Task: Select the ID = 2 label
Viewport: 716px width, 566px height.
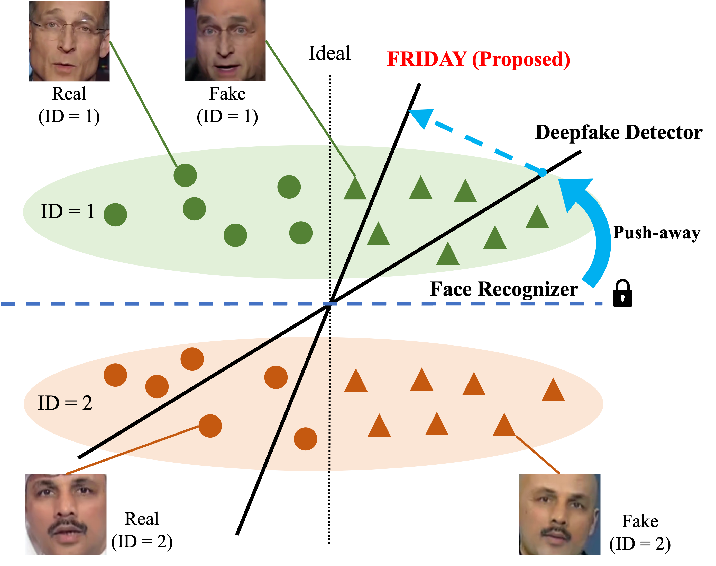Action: [x=65, y=403]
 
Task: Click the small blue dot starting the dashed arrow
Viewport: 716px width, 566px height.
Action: [x=542, y=172]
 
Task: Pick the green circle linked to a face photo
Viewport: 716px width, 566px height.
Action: [x=185, y=175]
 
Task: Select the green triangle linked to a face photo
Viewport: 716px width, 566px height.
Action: [x=355, y=189]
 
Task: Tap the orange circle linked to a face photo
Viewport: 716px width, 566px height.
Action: [x=210, y=426]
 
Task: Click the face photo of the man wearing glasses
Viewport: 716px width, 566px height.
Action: [x=69, y=41]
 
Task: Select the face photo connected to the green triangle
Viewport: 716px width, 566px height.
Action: [x=225, y=40]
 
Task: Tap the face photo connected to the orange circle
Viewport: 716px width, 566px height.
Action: [x=66, y=514]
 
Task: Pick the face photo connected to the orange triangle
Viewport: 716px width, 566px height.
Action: [x=559, y=514]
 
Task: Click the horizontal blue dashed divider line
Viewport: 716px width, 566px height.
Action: [x=298, y=304]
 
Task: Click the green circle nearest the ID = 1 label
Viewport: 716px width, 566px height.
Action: [x=115, y=215]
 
